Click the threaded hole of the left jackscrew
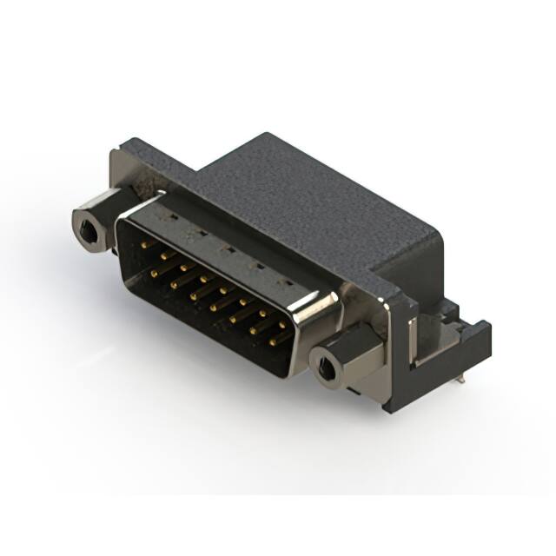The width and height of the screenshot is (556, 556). pos(88,230)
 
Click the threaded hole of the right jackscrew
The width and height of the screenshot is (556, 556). pos(327,374)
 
